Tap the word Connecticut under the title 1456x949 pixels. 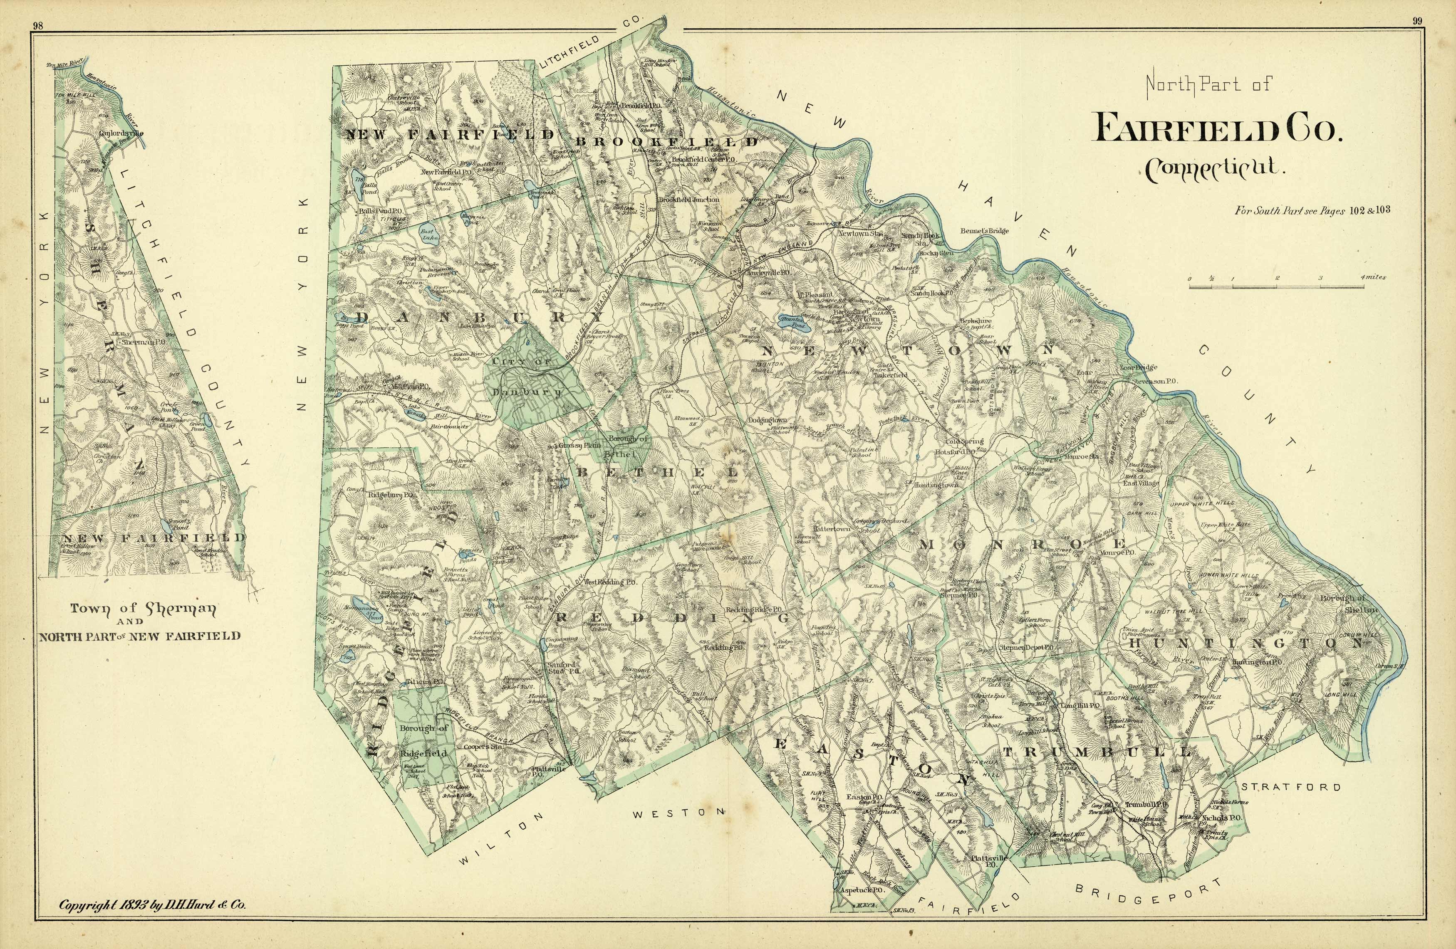pos(1214,169)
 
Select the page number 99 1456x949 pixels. pos(1417,21)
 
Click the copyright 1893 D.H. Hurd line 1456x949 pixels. pos(152,905)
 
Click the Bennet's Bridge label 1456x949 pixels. pos(984,231)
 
